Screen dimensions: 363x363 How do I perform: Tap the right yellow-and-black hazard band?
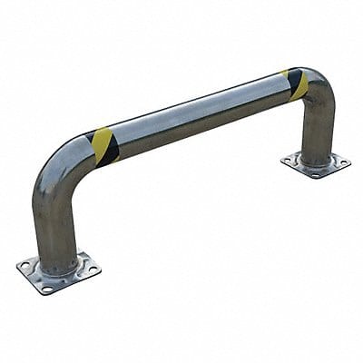pos(298,83)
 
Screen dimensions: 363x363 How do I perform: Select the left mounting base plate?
pos(58,271)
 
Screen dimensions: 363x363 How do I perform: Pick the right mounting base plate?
pos(315,163)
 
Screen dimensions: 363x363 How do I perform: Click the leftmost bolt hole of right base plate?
pos(288,161)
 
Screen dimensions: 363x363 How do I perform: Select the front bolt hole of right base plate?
pos(308,172)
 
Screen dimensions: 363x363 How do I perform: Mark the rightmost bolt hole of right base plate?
pos(341,162)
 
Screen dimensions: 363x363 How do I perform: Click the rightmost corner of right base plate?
pos(349,162)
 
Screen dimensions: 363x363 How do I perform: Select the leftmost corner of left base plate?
pos(17,267)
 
